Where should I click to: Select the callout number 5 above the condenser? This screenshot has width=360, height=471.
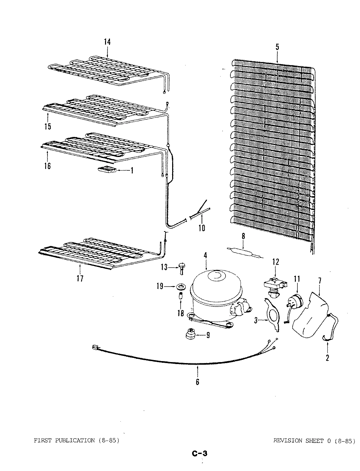(277, 47)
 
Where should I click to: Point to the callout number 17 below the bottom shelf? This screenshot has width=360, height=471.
(80, 278)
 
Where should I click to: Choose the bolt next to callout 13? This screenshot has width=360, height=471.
(181, 268)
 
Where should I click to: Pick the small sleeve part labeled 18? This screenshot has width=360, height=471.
(180, 297)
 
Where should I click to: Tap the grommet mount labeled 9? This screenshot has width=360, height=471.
(190, 335)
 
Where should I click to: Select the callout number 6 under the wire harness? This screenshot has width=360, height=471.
(197, 382)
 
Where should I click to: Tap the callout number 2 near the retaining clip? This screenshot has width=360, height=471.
(327, 358)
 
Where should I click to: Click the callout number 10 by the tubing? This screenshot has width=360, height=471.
(202, 228)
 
